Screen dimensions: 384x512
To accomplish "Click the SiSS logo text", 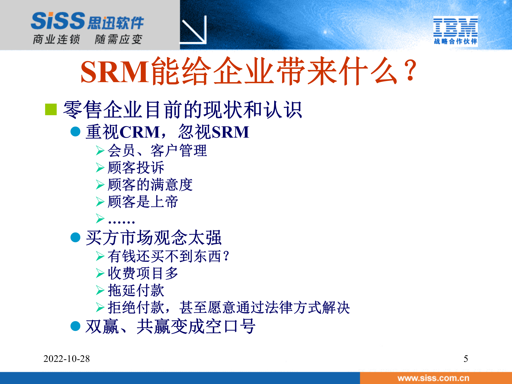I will click(x=58, y=21).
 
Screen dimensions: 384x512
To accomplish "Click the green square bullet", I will click(x=51, y=110).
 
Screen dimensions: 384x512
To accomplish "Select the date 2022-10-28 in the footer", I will click(x=66, y=359).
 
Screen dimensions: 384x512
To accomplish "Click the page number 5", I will click(x=466, y=359).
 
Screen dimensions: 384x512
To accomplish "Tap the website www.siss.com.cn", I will click(x=433, y=378).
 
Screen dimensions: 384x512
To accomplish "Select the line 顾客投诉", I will click(x=136, y=168).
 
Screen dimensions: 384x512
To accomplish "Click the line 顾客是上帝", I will click(x=143, y=202).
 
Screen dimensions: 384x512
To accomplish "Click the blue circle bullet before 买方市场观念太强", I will click(x=75, y=237).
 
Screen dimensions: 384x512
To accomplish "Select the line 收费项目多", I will click(x=143, y=273).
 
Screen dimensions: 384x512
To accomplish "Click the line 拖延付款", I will click(x=136, y=290).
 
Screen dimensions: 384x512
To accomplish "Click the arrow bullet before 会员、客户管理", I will click(x=100, y=151).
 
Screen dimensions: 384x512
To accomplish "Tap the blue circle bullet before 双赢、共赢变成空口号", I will click(x=75, y=326).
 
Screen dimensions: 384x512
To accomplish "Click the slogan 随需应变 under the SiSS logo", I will click(x=118, y=39).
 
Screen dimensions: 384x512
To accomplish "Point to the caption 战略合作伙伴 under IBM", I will click(x=455, y=42).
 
